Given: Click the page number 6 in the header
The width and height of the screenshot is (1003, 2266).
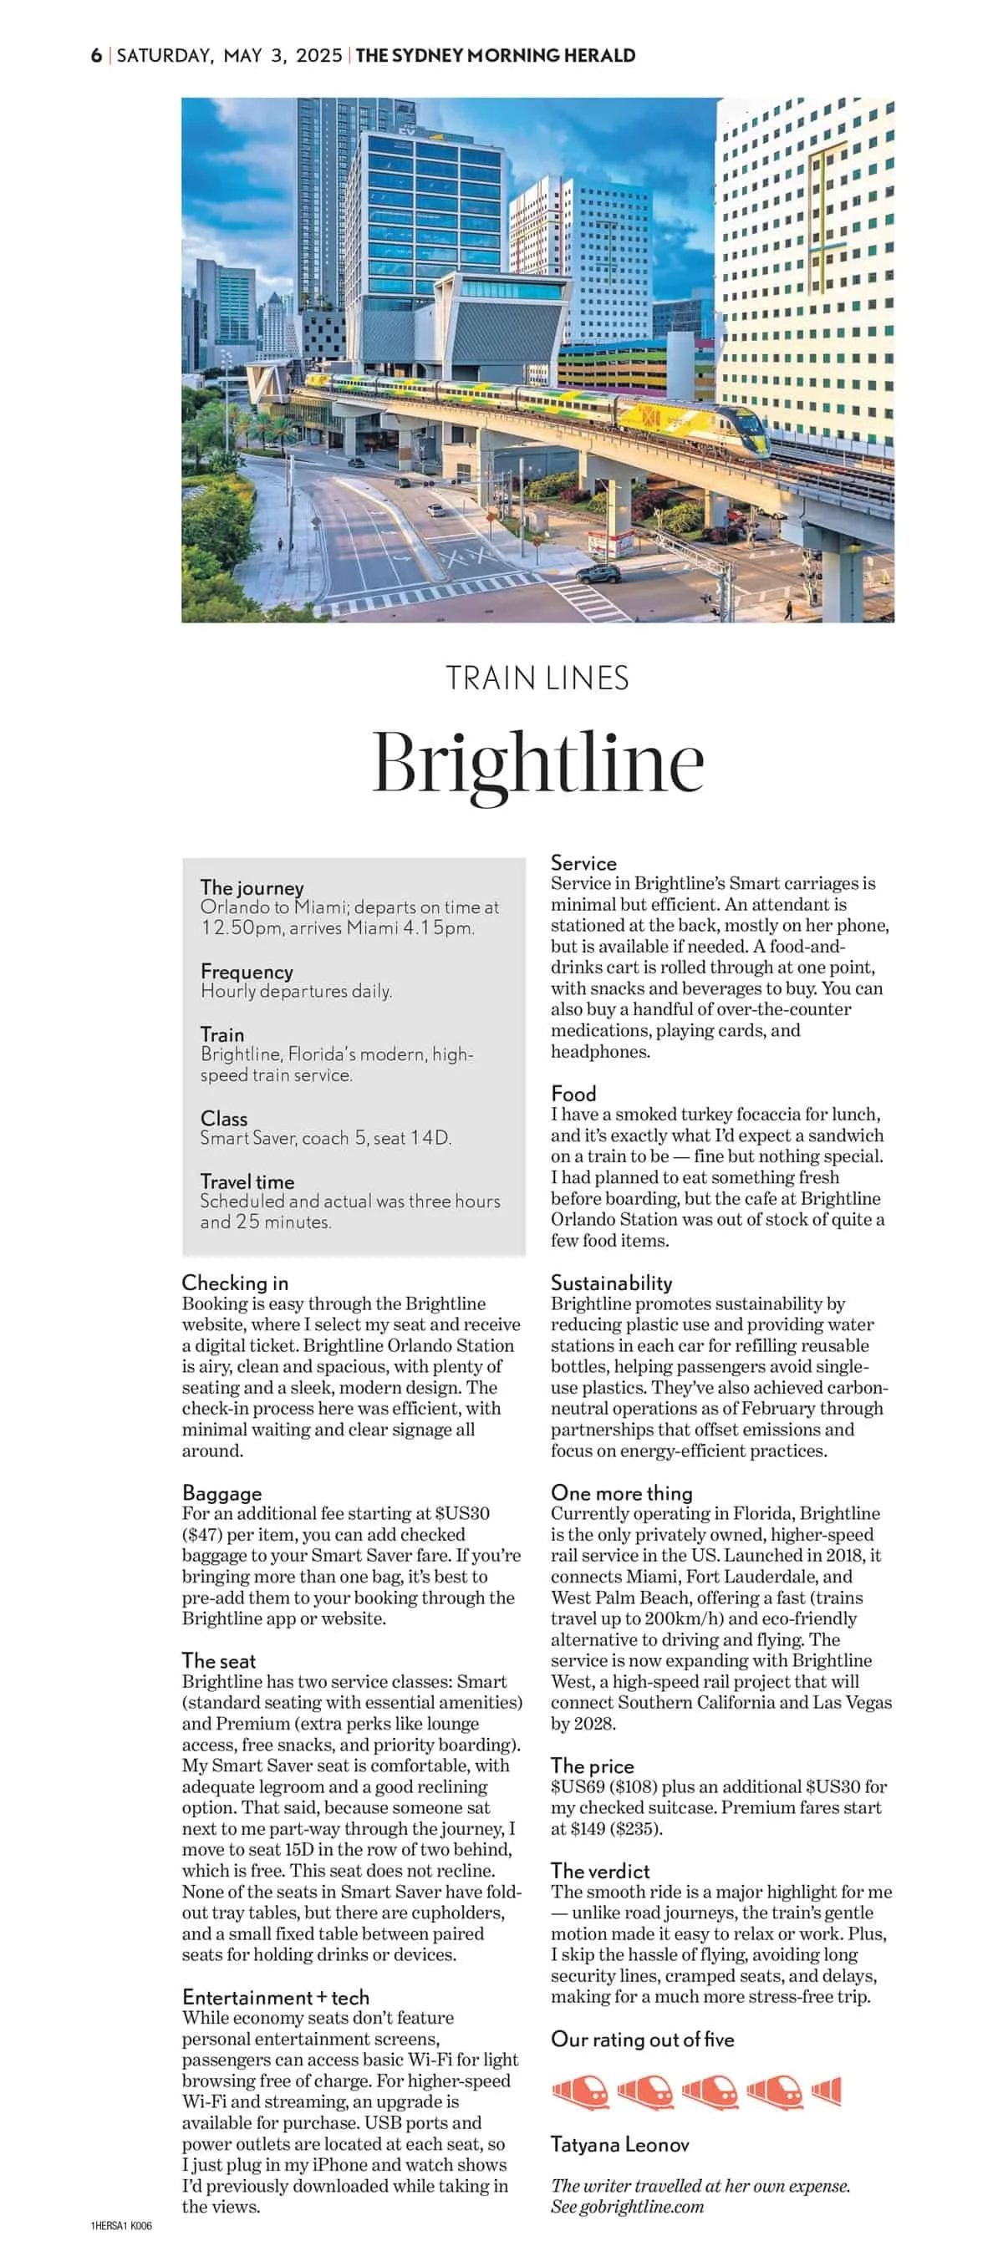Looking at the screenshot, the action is (x=96, y=55).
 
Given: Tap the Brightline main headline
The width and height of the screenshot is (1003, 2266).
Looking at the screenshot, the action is (x=537, y=762).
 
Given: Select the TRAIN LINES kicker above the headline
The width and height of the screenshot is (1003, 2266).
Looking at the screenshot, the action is (x=537, y=678).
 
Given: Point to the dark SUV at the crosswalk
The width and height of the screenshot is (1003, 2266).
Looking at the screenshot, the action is (x=598, y=574).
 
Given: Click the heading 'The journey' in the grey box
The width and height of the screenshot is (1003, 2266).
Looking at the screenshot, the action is (x=252, y=887).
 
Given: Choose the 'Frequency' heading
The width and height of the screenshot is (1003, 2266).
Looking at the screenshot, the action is (x=247, y=971).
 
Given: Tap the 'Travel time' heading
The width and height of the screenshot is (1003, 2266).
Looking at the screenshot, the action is (x=247, y=1181).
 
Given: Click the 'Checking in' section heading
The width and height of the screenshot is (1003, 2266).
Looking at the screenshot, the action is (x=235, y=1283).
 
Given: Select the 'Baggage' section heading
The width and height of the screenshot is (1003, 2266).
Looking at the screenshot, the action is (x=221, y=1493).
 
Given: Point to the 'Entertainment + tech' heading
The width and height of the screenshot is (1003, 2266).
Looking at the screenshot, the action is (x=275, y=1997).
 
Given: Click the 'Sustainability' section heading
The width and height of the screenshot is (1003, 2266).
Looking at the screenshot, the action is (x=612, y=1283).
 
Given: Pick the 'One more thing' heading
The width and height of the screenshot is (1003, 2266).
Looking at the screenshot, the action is (x=621, y=1493).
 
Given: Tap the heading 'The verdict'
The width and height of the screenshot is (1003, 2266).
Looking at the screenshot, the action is (x=600, y=1871).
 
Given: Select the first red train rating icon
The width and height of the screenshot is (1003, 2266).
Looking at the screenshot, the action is (x=581, y=2092).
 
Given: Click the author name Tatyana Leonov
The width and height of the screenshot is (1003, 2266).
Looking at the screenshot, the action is (x=619, y=2145).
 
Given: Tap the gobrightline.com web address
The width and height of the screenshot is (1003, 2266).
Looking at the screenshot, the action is (x=641, y=2206).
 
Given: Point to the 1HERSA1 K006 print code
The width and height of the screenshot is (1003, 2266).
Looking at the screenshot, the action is (x=121, y=2226).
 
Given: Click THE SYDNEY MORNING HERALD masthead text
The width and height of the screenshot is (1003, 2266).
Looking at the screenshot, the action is (x=496, y=55).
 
